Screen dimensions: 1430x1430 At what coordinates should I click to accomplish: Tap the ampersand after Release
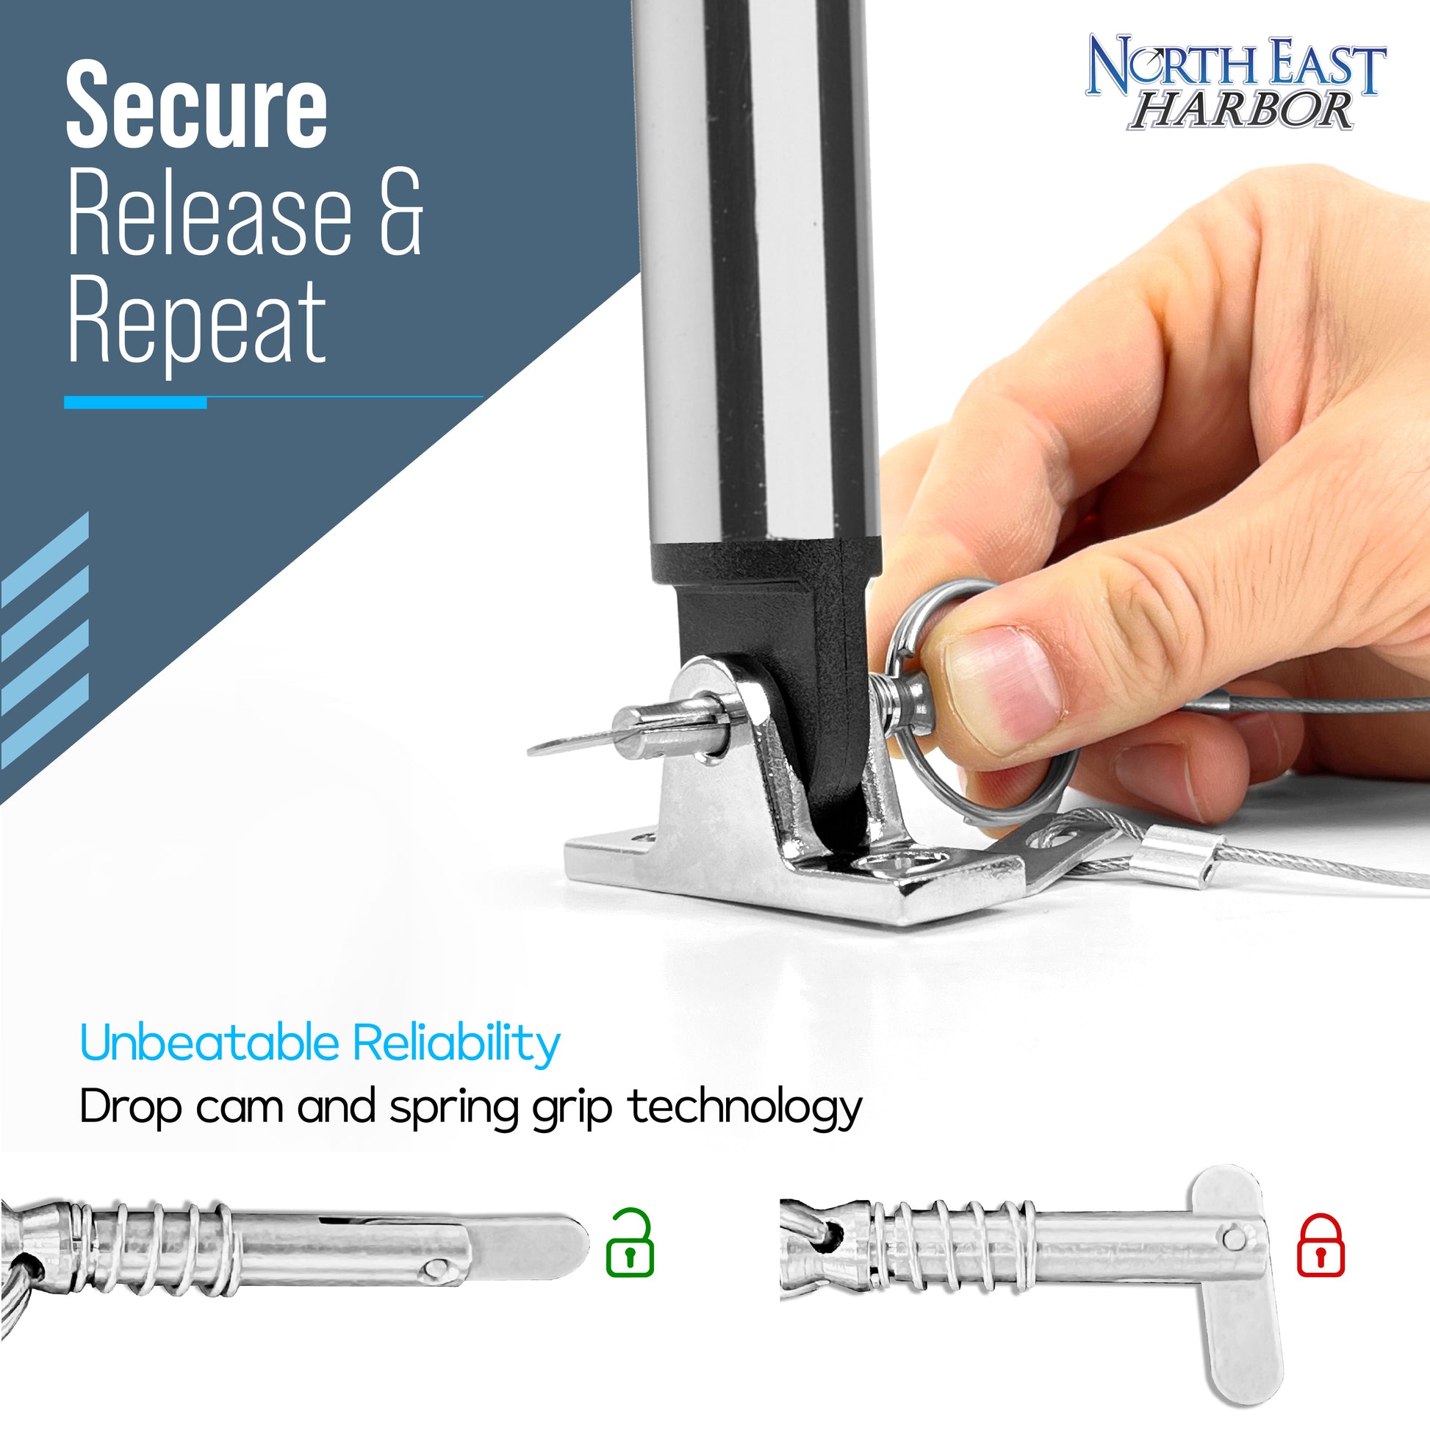tap(401, 212)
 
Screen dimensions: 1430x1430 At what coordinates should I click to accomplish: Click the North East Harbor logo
tap(1235, 82)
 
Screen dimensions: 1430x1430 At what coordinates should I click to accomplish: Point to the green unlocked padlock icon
tap(629, 1243)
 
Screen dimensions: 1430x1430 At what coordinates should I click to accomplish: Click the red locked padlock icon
tap(1321, 1245)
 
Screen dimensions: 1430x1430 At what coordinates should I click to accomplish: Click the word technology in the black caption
tap(745, 1109)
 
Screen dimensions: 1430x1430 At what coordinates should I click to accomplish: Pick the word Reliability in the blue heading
tap(456, 1044)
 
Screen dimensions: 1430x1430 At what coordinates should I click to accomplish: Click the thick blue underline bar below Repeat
tap(134, 402)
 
